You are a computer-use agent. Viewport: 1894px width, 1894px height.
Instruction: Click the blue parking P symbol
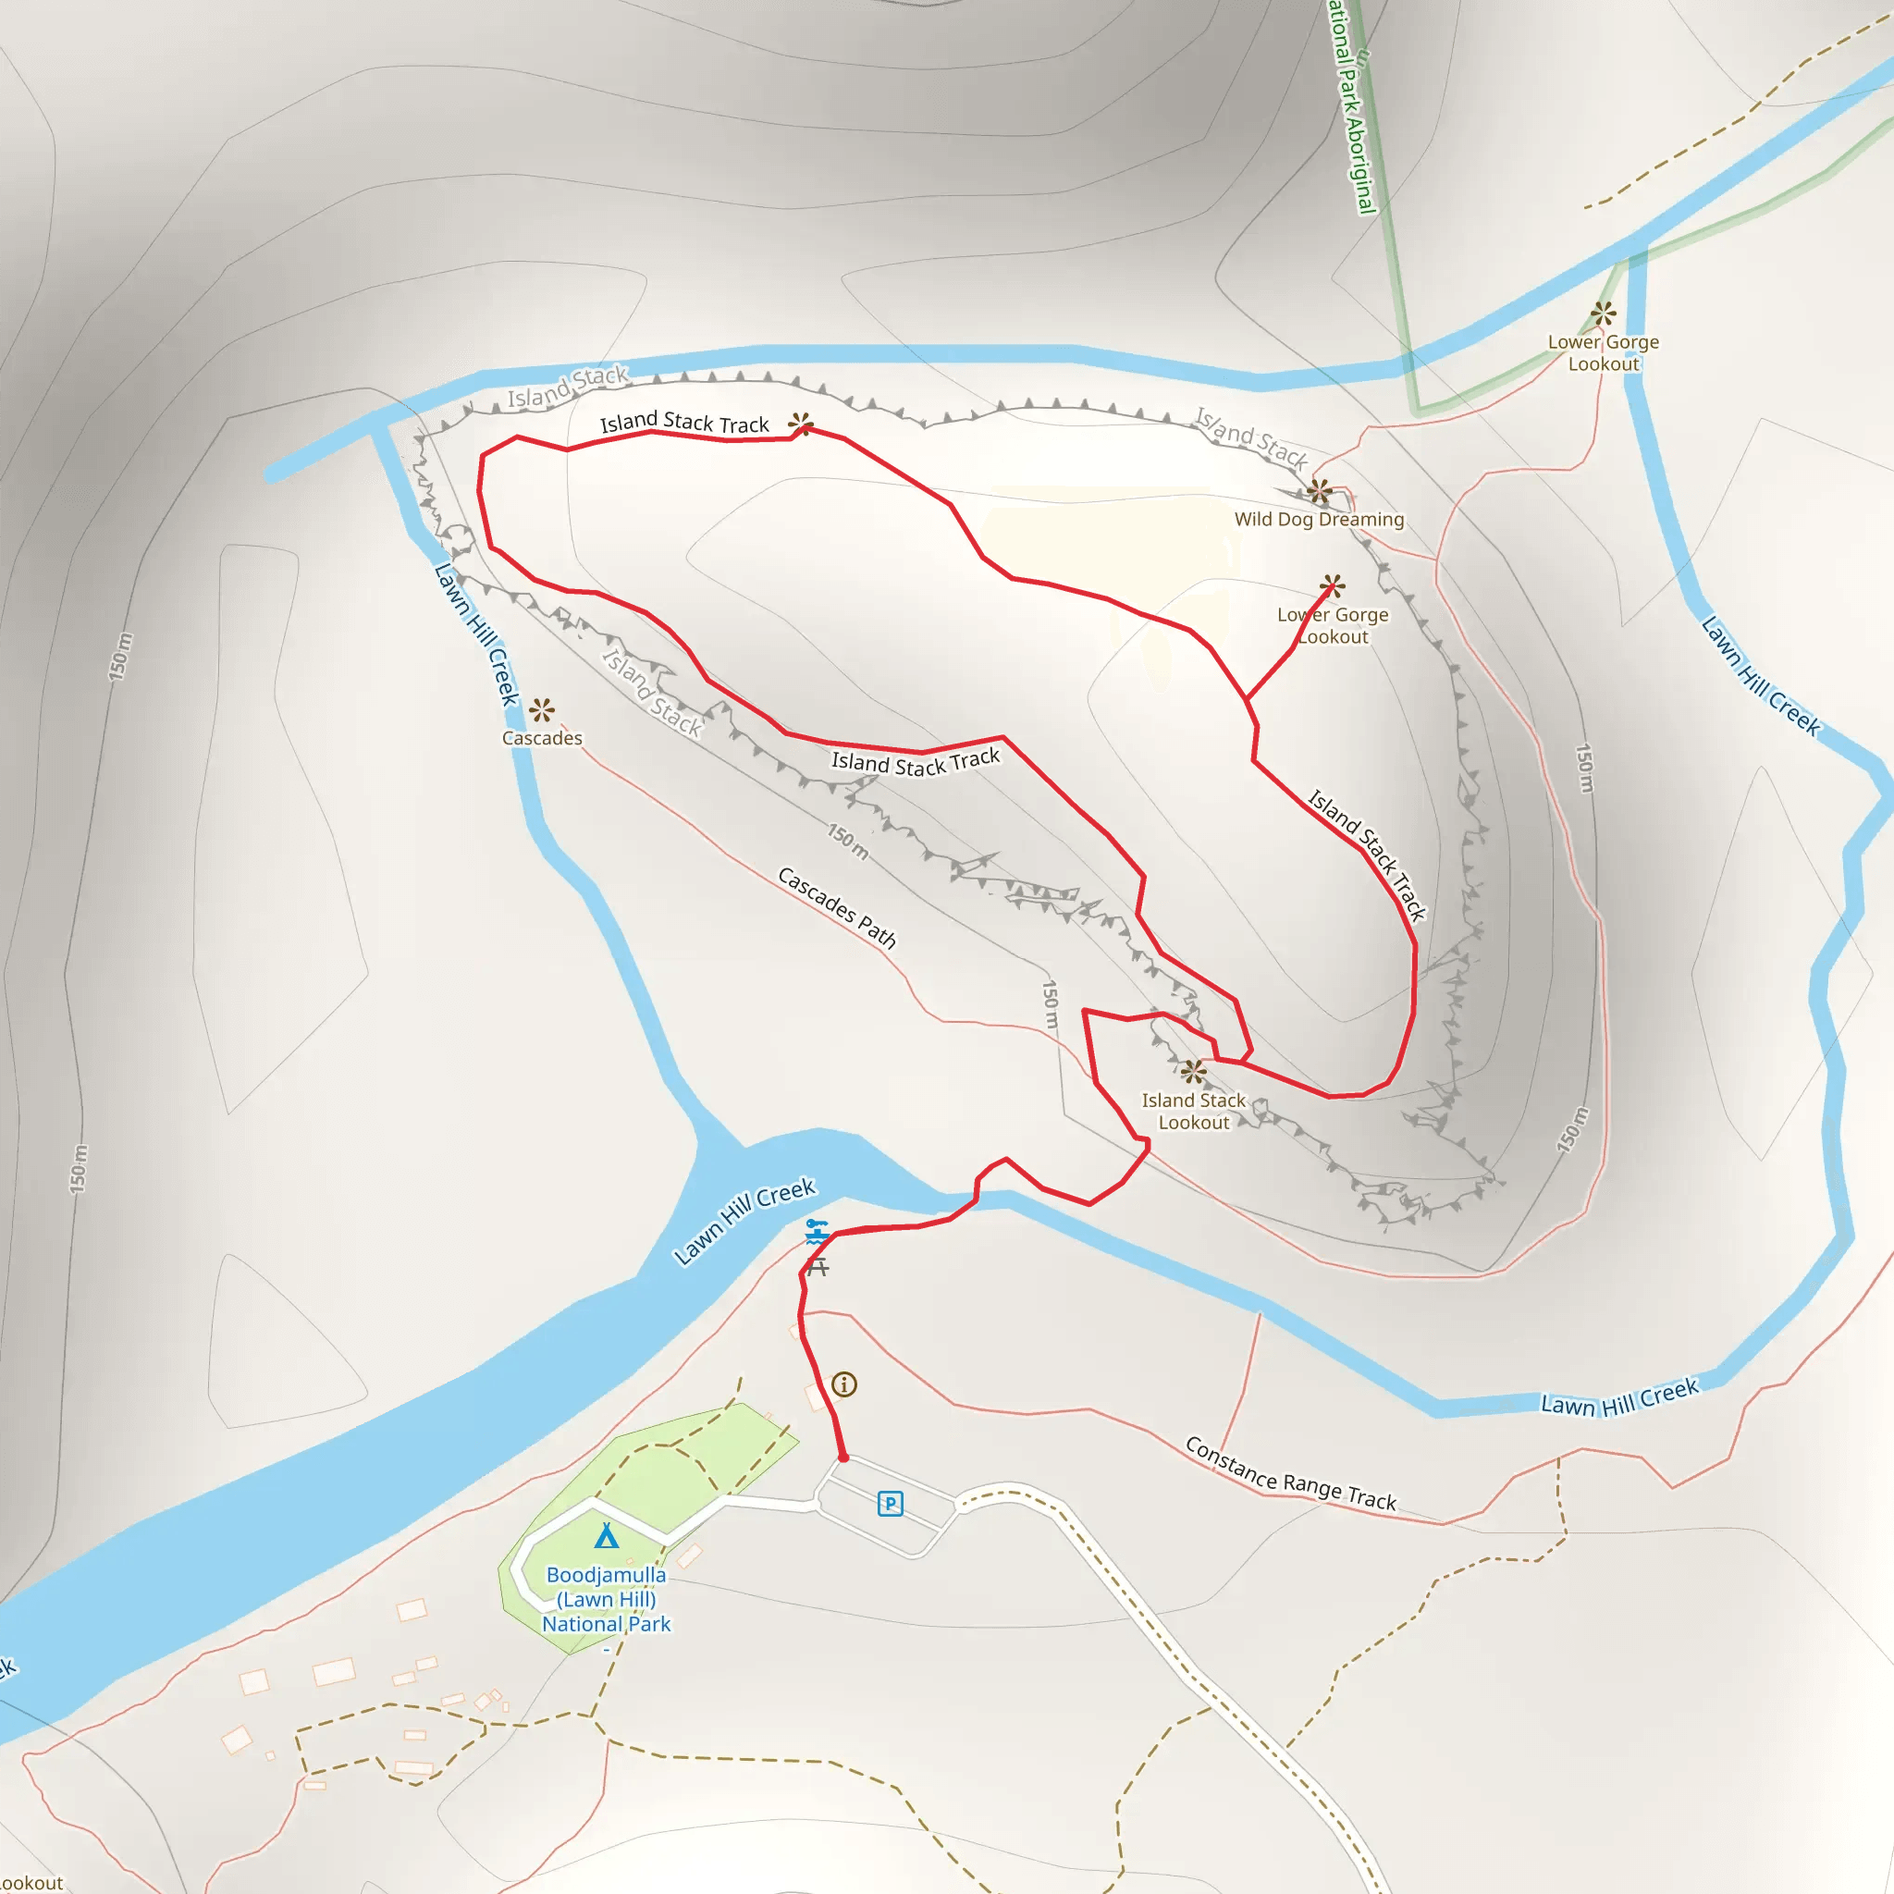pos(889,1503)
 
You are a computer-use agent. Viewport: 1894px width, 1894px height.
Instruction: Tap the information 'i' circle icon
pos(844,1384)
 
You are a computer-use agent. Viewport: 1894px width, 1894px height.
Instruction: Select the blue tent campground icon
pos(607,1535)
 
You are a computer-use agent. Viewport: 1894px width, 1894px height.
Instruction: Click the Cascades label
pos(542,738)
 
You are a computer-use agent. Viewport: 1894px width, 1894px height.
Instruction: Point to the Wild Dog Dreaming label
pos(1319,520)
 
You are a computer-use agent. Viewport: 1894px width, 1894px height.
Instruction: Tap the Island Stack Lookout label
pos(1193,1112)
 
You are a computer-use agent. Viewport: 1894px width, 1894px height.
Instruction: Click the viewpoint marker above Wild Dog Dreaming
pos(1319,490)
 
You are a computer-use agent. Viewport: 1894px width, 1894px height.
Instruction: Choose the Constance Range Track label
pos(1290,1474)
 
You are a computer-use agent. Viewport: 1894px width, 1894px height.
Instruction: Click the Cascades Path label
pos(836,908)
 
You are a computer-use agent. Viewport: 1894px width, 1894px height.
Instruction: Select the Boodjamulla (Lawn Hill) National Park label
pos(606,1599)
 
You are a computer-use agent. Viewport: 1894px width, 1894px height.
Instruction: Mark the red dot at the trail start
pos(843,1457)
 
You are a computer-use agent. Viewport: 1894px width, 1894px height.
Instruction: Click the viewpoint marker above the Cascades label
pos(542,709)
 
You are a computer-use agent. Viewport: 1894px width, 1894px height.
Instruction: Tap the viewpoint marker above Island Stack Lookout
pos(1193,1072)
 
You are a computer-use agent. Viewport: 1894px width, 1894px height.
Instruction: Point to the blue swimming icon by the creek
pos(817,1231)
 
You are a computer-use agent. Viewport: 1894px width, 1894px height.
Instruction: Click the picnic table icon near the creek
pos(818,1267)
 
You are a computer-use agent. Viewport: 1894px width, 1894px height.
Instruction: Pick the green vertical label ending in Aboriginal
pos(1353,108)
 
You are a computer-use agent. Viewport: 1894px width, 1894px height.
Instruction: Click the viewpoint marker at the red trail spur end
pos(1332,586)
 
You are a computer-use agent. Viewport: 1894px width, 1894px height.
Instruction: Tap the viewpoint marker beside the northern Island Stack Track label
pos(801,424)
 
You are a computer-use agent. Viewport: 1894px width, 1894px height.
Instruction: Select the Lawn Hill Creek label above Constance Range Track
pos(1619,1397)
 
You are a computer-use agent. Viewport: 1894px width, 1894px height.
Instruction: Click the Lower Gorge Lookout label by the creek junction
pos(1603,353)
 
